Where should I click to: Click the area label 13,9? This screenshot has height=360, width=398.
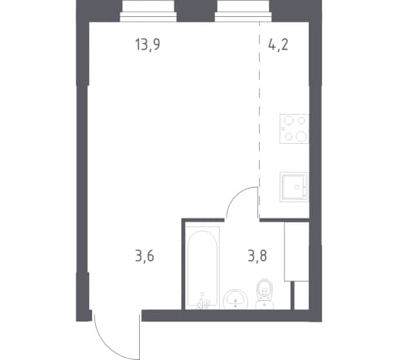click(148, 45)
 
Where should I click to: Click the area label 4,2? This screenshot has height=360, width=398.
click(278, 45)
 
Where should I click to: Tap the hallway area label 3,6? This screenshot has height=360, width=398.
click(144, 256)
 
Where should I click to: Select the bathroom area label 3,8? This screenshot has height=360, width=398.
click(257, 256)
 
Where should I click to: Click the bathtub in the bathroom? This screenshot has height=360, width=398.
click(203, 267)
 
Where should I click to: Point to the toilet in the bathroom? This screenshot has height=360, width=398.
click(265, 294)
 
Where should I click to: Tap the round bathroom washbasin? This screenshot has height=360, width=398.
click(236, 299)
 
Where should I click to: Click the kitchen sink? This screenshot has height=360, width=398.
click(294, 187)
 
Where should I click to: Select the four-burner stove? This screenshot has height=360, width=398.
click(294, 128)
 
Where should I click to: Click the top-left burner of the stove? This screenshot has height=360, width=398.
click(289, 120)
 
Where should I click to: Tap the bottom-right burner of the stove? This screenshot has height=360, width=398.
click(301, 136)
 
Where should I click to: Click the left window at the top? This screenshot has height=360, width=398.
click(148, 11)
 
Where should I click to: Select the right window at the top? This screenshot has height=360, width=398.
click(244, 11)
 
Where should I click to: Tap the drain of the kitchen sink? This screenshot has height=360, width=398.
click(297, 188)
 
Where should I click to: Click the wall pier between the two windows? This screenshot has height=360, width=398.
click(196, 11)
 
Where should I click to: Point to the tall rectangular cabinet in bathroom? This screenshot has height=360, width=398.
click(297, 252)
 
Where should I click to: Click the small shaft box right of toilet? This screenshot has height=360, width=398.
click(301, 295)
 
